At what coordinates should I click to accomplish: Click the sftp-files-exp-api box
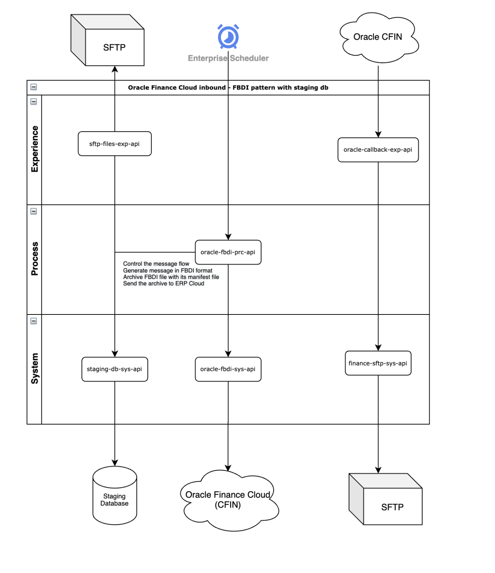[x=115, y=144]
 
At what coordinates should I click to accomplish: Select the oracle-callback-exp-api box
[x=378, y=150]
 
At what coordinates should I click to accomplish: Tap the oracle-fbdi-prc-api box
[x=228, y=252]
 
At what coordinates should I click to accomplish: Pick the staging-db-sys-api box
[x=115, y=369]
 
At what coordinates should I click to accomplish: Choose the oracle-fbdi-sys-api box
[x=228, y=369]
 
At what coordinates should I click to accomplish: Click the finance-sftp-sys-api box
[x=378, y=363]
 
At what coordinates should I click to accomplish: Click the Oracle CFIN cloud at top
[x=378, y=37]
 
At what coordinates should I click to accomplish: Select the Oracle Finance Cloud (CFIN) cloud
[x=228, y=500]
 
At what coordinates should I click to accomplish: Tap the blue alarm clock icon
[x=228, y=37]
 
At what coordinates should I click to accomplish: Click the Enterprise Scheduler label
[x=228, y=58]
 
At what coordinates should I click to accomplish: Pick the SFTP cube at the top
[x=114, y=47]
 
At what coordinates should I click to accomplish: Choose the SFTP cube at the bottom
[x=392, y=507]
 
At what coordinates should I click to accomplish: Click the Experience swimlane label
[x=35, y=149]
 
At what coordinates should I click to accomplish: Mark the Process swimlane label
[x=35, y=259]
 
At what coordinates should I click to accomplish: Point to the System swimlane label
[x=35, y=368]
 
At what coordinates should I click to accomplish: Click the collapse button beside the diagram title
[x=34, y=87]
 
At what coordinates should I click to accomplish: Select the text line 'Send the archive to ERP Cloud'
[x=164, y=284]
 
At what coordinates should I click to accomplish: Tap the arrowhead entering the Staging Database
[x=115, y=463]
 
